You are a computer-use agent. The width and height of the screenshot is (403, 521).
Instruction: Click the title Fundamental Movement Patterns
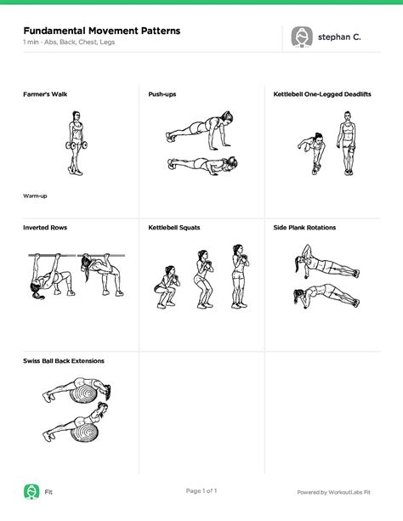click(x=101, y=31)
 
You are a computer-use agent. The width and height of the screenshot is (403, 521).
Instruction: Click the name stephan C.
click(x=339, y=37)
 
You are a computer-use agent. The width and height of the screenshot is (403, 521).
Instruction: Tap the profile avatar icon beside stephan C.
click(x=302, y=37)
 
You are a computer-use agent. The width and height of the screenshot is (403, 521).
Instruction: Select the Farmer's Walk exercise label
click(x=45, y=93)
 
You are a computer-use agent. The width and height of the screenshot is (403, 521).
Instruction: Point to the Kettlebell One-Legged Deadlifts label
click(x=322, y=93)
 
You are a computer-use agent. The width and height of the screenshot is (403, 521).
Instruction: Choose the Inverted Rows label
click(x=45, y=228)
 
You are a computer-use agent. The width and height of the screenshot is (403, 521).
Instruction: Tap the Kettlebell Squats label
click(x=174, y=228)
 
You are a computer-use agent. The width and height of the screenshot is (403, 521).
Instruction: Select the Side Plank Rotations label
click(x=304, y=228)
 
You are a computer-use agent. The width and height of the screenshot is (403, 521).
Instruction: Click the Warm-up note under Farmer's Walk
click(x=35, y=196)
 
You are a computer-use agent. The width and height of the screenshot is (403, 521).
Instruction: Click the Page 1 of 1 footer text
click(x=201, y=490)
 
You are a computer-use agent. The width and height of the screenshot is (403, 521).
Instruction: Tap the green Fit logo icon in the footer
click(x=31, y=491)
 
